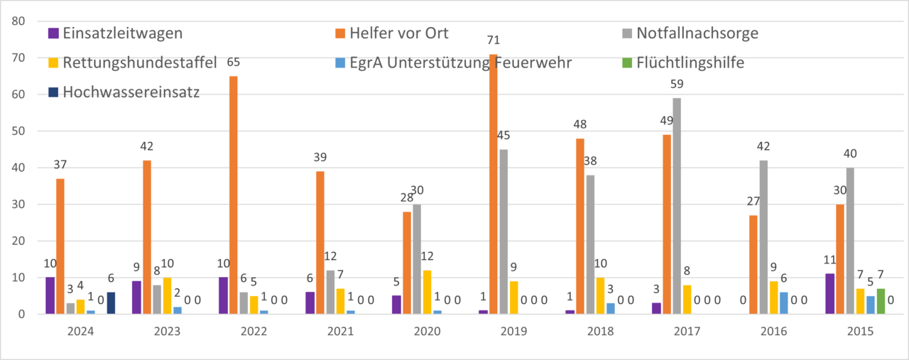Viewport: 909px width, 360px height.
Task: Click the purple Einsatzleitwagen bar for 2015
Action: [830, 294]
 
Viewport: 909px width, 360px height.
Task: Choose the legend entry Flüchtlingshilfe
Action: [690, 62]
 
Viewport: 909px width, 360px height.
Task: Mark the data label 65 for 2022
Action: [234, 62]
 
